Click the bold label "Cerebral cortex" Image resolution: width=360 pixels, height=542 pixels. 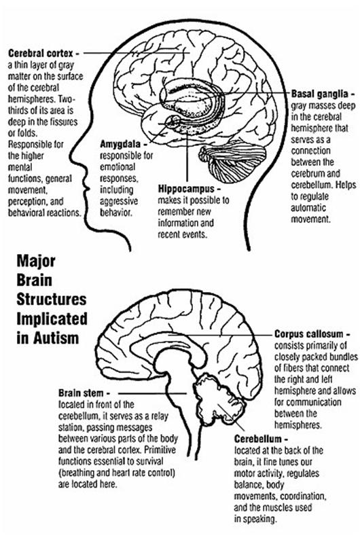[x=41, y=53]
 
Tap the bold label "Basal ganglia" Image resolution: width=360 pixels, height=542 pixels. [x=319, y=94]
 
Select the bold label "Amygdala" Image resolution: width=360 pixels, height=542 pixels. [x=120, y=144]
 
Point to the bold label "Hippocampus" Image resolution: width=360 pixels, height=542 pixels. [x=186, y=189]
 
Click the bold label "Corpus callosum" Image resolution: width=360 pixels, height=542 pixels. [x=309, y=334]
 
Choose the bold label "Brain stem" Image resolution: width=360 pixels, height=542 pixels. [x=81, y=393]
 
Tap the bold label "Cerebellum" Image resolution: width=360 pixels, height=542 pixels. [x=257, y=439]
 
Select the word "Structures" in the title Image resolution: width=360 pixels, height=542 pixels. [x=52, y=300]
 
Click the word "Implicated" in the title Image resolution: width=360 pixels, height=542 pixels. [x=52, y=319]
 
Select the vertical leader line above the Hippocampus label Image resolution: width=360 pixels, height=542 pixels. [x=187, y=156]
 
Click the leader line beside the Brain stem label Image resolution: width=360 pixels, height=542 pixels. [x=152, y=393]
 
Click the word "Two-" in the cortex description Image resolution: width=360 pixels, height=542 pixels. [x=67, y=99]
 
